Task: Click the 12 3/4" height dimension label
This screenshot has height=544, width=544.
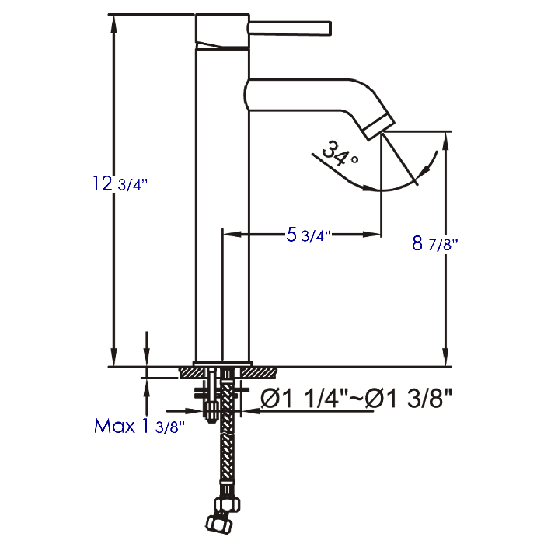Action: (x=120, y=183)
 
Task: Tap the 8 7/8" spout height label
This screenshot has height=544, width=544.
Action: (x=434, y=243)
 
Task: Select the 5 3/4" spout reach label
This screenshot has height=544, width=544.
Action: (x=308, y=235)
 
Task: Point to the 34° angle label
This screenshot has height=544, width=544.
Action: (x=340, y=154)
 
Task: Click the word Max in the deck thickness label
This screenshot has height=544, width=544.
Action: (x=114, y=426)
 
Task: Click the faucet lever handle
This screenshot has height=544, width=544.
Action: (x=290, y=28)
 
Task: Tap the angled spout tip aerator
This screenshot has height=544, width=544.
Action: (x=379, y=127)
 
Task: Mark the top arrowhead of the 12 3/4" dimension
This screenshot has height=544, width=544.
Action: (x=113, y=23)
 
